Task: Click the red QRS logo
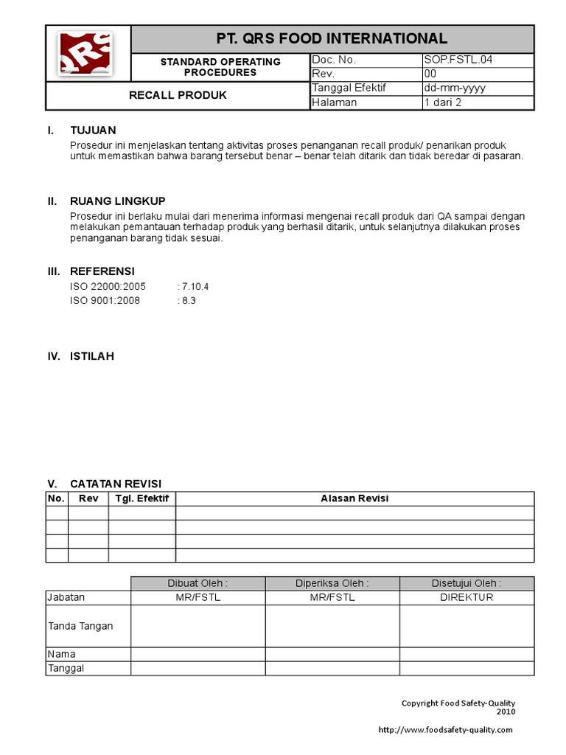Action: click(x=85, y=53)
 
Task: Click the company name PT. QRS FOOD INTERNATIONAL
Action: click(x=332, y=38)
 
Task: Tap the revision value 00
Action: click(x=430, y=74)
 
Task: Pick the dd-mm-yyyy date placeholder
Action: click(x=454, y=88)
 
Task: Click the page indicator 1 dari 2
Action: click(x=442, y=102)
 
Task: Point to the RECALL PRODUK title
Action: click(x=178, y=95)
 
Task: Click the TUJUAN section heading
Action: click(x=93, y=131)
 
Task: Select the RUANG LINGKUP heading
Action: click(x=117, y=201)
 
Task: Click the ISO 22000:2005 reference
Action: click(x=108, y=286)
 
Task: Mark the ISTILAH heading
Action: click(x=91, y=356)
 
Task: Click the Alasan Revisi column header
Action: click(x=354, y=498)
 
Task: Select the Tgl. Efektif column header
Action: click(x=142, y=498)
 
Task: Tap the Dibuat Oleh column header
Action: click(x=198, y=583)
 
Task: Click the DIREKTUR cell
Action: click(x=467, y=597)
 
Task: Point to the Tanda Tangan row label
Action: click(x=80, y=626)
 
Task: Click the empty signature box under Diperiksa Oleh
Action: click(x=332, y=626)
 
